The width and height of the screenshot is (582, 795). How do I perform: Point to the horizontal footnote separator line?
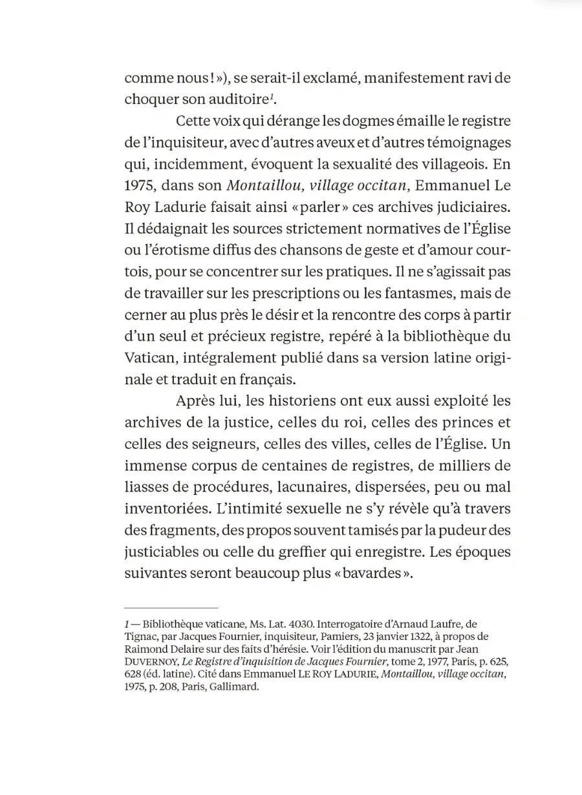(171, 608)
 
